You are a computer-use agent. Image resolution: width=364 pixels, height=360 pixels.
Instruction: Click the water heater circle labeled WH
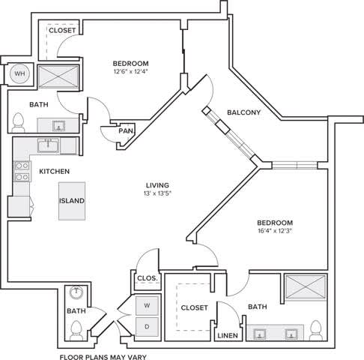click(x=19, y=74)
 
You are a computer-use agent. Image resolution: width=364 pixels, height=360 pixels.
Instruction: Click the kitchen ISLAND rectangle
click(x=73, y=201)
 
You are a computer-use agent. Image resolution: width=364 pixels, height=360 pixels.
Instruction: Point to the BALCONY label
click(x=243, y=112)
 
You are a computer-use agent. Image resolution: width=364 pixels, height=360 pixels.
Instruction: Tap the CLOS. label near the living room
click(x=146, y=278)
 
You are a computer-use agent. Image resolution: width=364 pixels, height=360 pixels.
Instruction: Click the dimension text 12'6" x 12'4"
click(x=130, y=72)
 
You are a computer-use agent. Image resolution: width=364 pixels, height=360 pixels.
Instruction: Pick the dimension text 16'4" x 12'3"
click(x=275, y=232)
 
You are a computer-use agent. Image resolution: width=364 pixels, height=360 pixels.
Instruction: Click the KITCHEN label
click(x=54, y=172)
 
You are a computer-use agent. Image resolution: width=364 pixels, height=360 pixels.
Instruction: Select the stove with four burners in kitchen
click(x=20, y=172)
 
